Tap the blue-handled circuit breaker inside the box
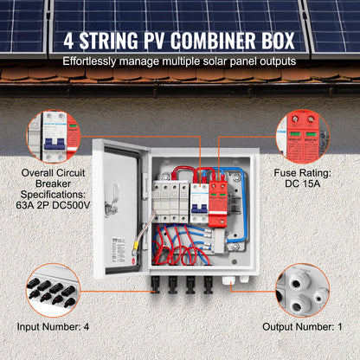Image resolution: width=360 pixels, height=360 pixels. click(199, 199)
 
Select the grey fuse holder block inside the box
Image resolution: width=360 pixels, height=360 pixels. click(170, 200)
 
